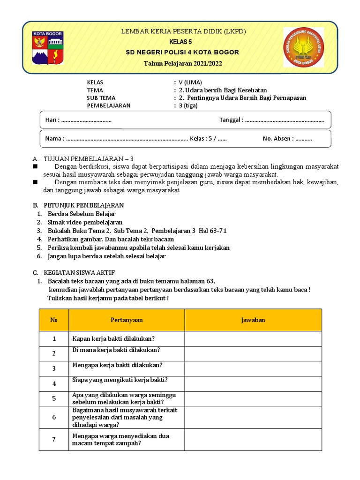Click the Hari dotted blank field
[86, 120]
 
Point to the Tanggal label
[231, 120]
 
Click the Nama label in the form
[54, 139]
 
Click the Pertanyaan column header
[127, 320]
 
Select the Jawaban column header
[253, 320]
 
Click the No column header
[54, 320]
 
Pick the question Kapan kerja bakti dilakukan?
[113, 338]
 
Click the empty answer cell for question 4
[253, 383]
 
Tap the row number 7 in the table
[54, 439]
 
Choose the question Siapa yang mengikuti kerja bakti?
[120, 380]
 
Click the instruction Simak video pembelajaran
[85, 222]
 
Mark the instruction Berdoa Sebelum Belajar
[82, 214]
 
